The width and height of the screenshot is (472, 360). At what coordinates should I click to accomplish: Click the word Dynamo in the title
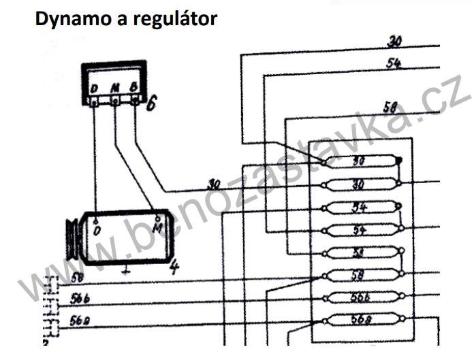(67, 18)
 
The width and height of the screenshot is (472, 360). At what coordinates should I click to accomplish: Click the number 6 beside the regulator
(152, 103)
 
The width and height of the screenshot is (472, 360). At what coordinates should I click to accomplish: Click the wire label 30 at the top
(394, 42)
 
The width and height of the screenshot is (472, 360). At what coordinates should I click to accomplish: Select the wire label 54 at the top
(394, 63)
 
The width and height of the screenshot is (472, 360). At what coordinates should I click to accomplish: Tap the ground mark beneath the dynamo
(125, 270)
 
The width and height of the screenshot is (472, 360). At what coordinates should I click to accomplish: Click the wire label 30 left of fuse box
(214, 184)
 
